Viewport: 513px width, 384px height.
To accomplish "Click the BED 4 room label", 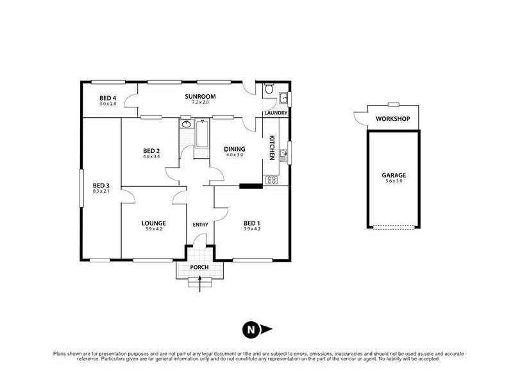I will (108, 97).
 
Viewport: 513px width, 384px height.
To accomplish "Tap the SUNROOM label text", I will (200, 97).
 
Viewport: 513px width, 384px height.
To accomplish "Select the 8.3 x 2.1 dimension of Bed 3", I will (101, 191).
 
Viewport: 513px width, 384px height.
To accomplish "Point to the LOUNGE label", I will (154, 223).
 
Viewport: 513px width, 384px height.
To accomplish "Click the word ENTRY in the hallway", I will (200, 224).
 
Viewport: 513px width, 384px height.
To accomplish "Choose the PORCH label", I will (200, 267).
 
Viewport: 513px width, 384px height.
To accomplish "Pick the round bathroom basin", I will (187, 124).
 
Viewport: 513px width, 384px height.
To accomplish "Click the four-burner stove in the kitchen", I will (271, 180).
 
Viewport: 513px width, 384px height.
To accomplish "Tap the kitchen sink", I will (282, 154).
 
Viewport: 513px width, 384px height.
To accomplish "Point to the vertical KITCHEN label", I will (272, 148).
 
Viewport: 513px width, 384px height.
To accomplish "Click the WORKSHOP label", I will (392, 119).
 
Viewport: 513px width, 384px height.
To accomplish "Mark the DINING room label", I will (234, 150).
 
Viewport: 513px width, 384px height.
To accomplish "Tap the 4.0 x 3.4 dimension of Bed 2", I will (151, 157).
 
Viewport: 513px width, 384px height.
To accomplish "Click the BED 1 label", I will (251, 223).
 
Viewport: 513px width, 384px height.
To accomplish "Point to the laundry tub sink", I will (283, 98).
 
